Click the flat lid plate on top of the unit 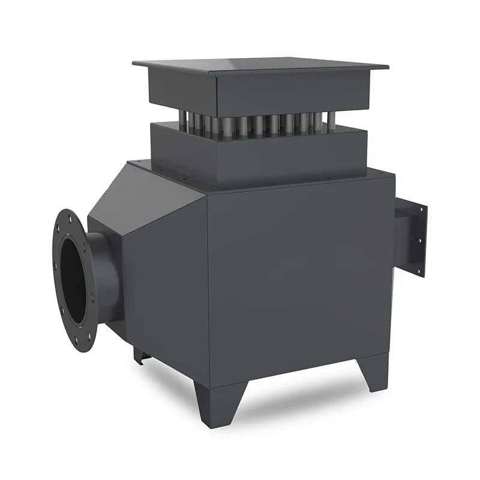(258, 64)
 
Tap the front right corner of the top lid (387, 67)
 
